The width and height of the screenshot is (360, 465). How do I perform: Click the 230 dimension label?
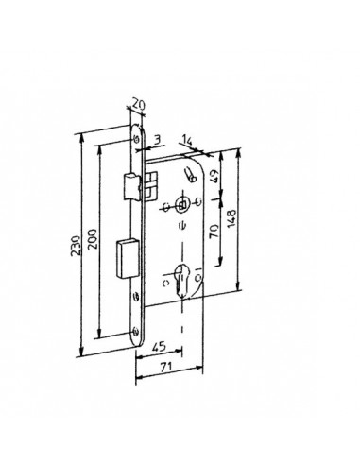coord(77,246)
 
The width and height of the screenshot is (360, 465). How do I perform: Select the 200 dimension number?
coord(94,239)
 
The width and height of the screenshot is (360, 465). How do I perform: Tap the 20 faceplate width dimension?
coord(138,104)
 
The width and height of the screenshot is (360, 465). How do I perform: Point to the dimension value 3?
coord(158,139)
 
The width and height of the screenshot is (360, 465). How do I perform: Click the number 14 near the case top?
coord(186,141)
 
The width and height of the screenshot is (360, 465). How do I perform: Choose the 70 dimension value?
coord(214,231)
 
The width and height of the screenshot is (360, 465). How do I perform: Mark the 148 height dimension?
coord(231,218)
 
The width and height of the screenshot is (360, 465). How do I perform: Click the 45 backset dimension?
coord(159,347)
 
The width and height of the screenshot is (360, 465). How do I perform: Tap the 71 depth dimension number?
coord(166,367)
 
